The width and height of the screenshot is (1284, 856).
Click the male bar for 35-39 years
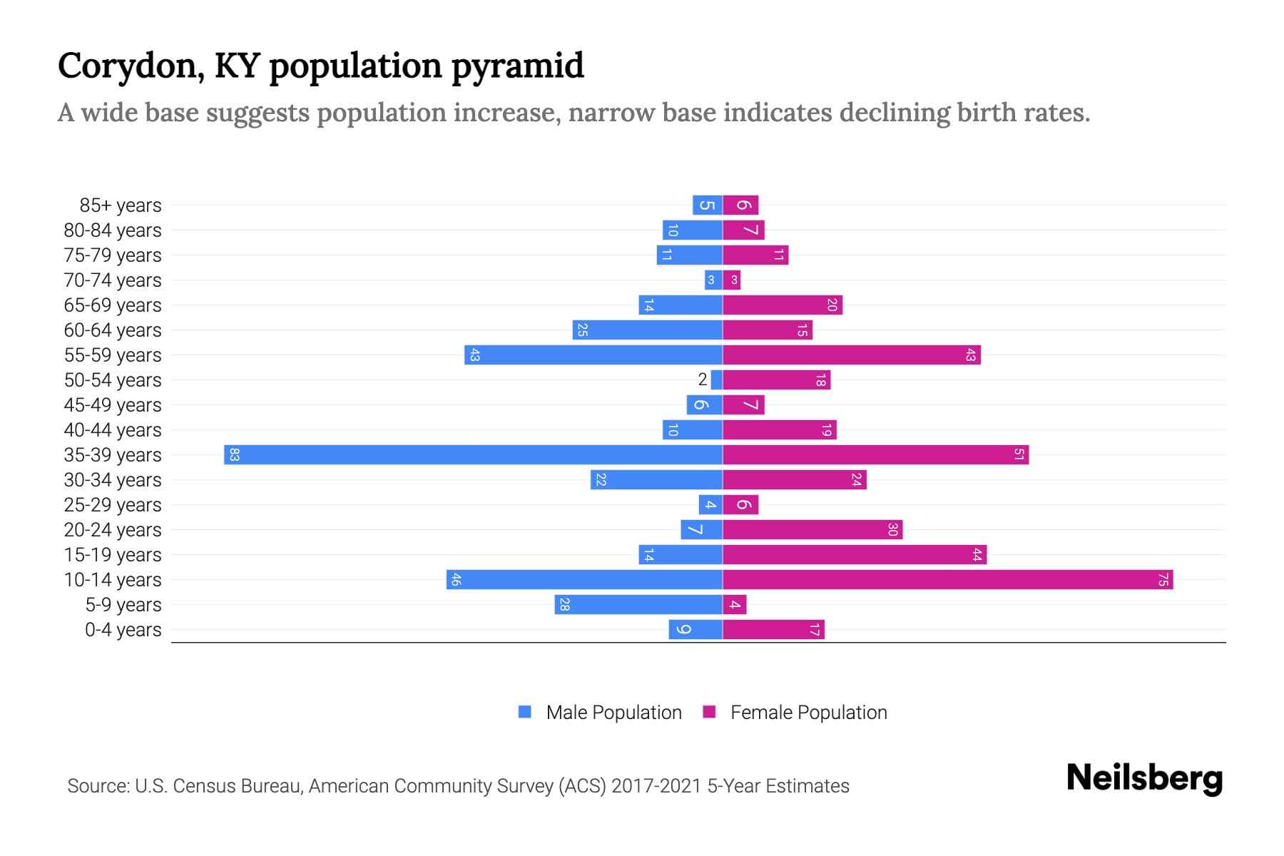473,455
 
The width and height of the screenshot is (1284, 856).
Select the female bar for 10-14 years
947,580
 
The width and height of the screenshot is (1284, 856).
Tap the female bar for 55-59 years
851,355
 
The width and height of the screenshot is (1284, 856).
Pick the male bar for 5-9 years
638,605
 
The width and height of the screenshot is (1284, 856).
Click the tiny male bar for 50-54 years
716,380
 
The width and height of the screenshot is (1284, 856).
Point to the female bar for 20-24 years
812,530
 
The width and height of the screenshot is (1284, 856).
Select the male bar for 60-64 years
647,330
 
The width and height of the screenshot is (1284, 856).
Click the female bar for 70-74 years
732,280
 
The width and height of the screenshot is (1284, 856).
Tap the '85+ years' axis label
120,205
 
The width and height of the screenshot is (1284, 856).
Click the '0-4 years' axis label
123,630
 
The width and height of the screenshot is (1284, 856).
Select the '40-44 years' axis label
113,430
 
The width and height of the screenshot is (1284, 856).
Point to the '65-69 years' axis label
113,305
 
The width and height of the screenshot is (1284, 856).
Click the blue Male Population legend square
525,712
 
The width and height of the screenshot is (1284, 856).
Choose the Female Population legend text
808,713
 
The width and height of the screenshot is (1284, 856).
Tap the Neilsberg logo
1144,778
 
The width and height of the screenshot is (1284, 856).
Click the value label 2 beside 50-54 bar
703,379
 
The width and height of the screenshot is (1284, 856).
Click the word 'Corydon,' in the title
132,67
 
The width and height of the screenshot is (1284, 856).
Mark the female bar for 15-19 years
855,555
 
